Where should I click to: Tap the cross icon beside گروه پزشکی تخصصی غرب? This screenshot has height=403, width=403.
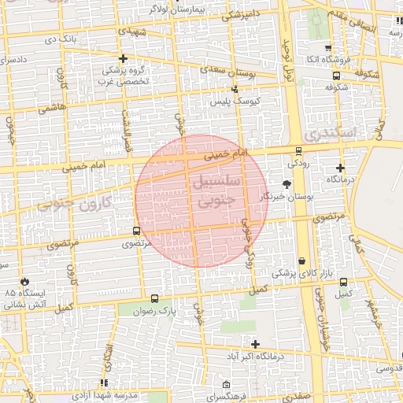(x=123, y=58)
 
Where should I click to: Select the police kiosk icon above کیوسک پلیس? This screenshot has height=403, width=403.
(x=235, y=91)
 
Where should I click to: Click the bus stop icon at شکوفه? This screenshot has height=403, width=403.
(x=337, y=76)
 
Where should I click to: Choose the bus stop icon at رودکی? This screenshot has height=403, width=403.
(x=298, y=151)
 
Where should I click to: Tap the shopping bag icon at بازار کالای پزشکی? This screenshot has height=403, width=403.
(x=301, y=261)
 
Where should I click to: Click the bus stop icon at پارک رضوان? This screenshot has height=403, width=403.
(x=154, y=299)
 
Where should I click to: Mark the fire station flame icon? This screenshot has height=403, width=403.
(x=26, y=280)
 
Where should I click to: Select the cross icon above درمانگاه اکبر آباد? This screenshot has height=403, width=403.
(x=255, y=344)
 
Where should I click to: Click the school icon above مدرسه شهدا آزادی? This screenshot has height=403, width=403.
(x=105, y=383)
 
